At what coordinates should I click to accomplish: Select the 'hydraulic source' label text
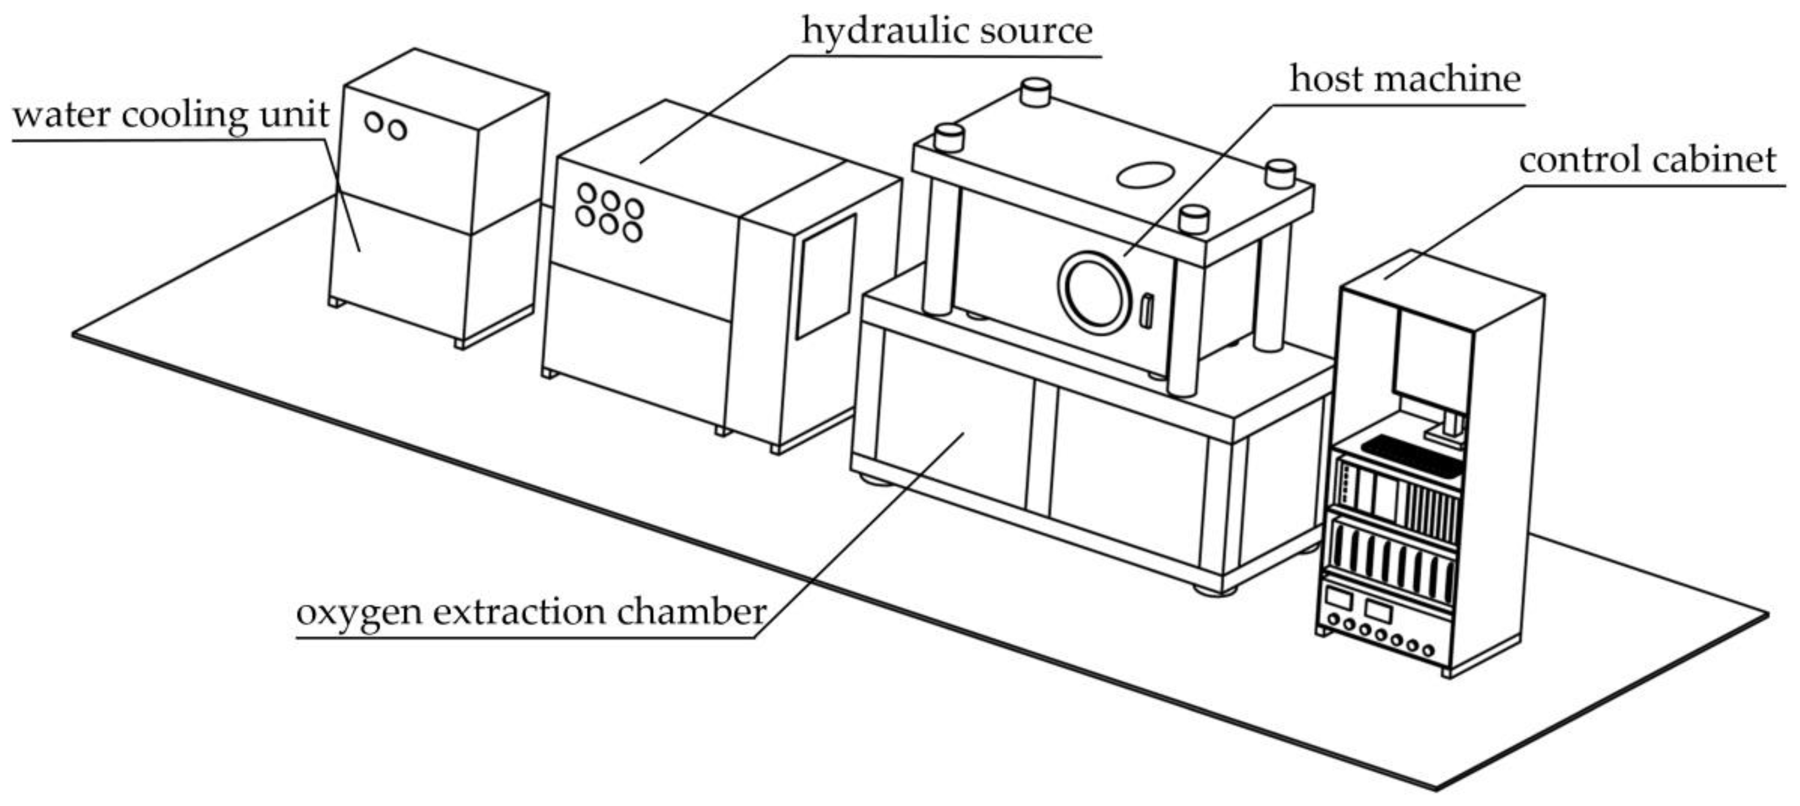[946, 31]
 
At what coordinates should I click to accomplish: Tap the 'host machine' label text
[1405, 79]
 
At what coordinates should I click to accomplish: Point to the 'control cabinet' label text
[1647, 160]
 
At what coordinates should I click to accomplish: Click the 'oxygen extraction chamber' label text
[531, 612]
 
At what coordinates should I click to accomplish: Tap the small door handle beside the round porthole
[1146, 311]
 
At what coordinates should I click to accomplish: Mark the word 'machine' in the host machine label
[1453, 79]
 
